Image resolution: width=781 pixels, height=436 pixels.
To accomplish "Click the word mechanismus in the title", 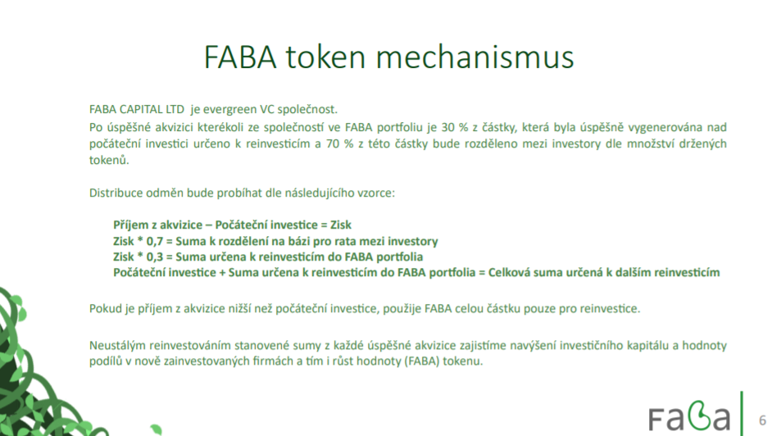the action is (x=475, y=57).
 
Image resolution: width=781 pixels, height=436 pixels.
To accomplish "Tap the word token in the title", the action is (x=325, y=57).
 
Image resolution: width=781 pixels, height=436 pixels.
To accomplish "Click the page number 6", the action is (x=762, y=420).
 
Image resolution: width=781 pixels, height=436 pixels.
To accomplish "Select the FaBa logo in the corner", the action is (x=689, y=415).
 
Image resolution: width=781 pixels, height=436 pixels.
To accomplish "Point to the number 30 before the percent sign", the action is (x=447, y=128).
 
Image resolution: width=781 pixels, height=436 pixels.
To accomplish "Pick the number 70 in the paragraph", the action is (x=333, y=144).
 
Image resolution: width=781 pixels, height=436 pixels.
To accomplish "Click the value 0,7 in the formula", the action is (x=154, y=242).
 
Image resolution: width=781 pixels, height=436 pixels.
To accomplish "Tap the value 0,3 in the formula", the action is (x=154, y=257).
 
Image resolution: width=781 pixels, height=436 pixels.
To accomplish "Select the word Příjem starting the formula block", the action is (x=131, y=225).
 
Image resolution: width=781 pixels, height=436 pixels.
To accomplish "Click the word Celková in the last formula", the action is (x=508, y=273).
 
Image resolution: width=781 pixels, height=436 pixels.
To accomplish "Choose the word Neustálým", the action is (x=117, y=345).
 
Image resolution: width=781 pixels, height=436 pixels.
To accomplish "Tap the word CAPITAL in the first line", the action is (x=141, y=110).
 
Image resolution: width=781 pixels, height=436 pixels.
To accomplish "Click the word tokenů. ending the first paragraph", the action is (x=109, y=161).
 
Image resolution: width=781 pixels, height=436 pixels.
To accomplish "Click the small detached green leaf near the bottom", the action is (x=157, y=429).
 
